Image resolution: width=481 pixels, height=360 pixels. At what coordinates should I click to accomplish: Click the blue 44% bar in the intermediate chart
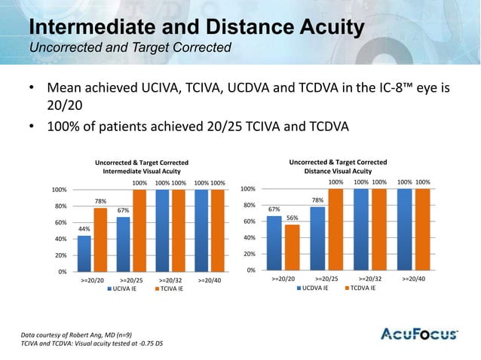tap(84, 253)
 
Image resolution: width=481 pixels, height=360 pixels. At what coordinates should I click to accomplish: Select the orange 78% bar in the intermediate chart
tap(100, 239)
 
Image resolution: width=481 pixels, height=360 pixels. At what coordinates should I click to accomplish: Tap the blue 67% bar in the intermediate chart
tap(123, 244)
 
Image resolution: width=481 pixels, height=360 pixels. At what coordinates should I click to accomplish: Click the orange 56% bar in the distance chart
tap(292, 247)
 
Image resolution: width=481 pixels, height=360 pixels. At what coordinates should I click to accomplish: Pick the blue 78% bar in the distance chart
tap(317, 238)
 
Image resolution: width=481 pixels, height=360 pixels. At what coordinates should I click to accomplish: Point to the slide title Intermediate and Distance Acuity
tap(196, 29)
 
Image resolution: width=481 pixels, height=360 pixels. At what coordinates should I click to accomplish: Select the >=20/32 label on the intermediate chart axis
tap(173, 279)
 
